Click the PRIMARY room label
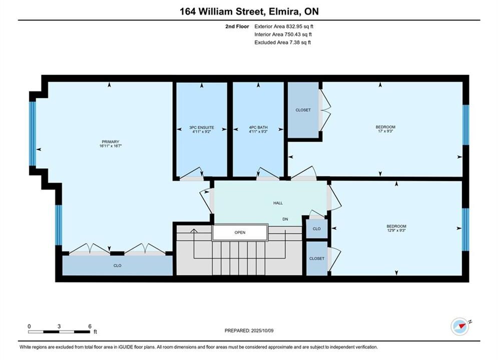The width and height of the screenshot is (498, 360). (x=111, y=142)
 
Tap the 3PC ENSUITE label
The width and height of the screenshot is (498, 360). (x=202, y=127)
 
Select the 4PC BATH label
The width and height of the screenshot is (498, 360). (x=258, y=127)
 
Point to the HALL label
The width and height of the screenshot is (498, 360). (x=278, y=203)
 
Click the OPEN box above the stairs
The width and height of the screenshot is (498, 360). (x=240, y=232)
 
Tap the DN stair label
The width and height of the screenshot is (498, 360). (x=285, y=219)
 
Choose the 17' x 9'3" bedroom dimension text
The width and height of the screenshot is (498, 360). (x=385, y=131)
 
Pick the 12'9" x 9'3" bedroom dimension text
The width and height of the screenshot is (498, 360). (x=396, y=230)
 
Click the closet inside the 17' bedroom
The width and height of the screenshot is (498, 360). (x=303, y=110)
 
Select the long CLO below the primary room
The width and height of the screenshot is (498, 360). (x=118, y=265)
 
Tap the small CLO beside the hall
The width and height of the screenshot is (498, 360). (x=317, y=228)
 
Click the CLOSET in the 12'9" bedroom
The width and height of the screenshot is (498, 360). (x=317, y=258)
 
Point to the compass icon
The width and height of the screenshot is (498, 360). (x=460, y=326)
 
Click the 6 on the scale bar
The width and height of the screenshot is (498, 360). (x=90, y=326)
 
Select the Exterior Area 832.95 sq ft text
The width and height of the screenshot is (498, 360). (x=284, y=26)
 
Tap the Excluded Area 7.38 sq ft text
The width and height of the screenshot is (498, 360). (x=283, y=42)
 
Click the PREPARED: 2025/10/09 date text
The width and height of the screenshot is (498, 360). (x=249, y=330)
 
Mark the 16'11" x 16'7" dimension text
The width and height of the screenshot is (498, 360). (x=111, y=146)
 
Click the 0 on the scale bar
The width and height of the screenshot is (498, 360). (x=29, y=326)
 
